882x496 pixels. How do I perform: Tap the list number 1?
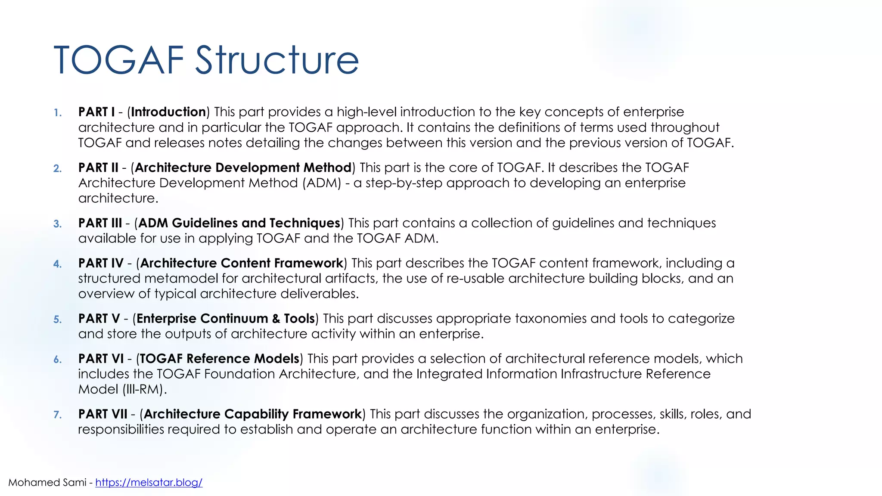57,113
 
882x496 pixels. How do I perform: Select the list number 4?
57,264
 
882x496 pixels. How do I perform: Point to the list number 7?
57,415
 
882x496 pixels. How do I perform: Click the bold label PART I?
96,112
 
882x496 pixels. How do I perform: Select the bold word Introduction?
168,112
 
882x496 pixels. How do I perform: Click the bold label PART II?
98,167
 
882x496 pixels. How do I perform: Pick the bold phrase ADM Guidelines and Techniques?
239,223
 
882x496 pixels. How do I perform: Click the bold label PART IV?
101,263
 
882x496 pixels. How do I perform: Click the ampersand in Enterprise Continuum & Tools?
276,319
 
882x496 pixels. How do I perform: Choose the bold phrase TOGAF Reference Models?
219,359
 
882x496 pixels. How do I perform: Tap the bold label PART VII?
102,414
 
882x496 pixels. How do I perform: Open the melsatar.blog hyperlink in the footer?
149,483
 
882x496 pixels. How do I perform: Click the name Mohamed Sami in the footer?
47,483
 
